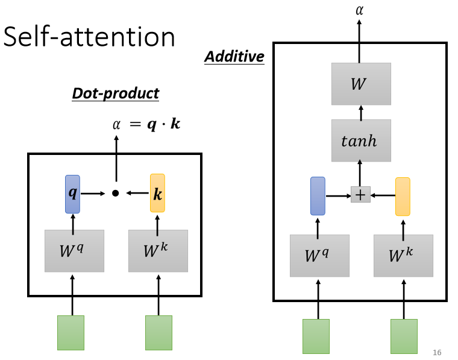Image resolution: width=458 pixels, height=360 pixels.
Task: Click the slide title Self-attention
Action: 89,37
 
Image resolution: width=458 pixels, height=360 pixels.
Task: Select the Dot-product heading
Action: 115,93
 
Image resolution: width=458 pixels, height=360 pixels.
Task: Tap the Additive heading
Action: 234,57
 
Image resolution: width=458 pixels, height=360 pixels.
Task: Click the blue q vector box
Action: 72,194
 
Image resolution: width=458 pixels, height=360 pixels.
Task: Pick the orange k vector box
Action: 157,194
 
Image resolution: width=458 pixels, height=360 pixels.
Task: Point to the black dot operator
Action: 115,193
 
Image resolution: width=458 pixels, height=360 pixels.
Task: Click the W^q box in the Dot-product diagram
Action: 74,251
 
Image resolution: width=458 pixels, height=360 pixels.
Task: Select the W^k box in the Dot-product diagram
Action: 158,251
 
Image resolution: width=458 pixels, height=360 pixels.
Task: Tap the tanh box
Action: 361,141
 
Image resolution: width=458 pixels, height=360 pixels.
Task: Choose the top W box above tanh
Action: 361,84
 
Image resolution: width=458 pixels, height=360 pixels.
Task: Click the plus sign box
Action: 360,194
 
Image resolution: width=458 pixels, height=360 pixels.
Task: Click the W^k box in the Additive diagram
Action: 403,256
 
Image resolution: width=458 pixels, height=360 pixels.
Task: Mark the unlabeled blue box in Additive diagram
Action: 318,196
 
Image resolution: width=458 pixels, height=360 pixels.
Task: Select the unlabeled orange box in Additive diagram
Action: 403,197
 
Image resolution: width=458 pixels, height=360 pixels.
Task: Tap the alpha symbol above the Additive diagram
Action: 360,10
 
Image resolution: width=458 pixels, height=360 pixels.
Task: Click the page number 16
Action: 438,352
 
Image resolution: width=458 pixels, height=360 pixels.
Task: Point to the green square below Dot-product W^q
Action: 71,333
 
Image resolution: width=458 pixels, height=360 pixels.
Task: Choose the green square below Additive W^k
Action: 404,336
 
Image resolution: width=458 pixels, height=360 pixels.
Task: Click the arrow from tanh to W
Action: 361,112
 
